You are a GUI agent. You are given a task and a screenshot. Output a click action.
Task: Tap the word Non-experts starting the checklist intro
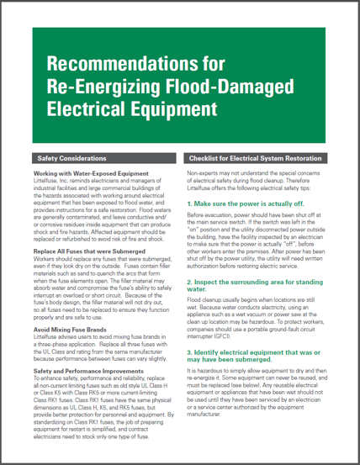tap(202, 172)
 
